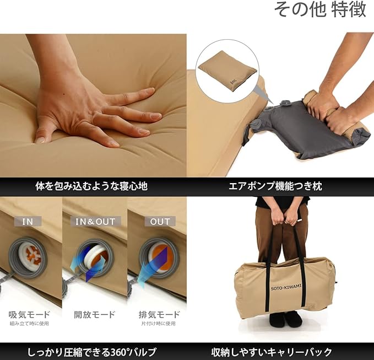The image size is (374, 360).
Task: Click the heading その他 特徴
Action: [x=320, y=9]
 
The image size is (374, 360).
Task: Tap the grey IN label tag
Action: [x=28, y=222]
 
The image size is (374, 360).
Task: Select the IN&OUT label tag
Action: [x=95, y=222]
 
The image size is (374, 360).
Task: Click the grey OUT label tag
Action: [x=160, y=222]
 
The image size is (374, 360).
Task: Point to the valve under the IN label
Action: [x=28, y=257]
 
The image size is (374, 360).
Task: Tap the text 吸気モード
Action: [x=29, y=314]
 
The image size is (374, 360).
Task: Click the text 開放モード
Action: [x=95, y=314]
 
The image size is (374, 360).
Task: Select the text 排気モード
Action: [x=159, y=314]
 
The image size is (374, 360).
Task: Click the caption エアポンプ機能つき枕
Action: [x=275, y=186]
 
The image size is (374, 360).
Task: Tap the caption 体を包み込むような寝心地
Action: [x=91, y=186]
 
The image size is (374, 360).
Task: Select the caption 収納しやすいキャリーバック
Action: [x=272, y=352]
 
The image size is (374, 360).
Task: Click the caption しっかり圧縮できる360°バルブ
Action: [x=92, y=352]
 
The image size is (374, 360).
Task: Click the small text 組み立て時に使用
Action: [x=29, y=324]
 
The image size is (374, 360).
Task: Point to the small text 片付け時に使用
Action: [x=159, y=324]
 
